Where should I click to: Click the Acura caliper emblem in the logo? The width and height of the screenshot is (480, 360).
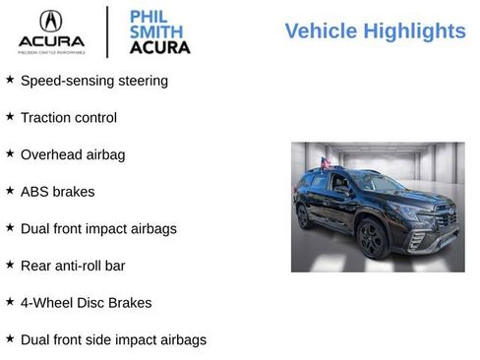click(x=50, y=22)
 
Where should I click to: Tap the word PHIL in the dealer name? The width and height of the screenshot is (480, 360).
click(x=150, y=16)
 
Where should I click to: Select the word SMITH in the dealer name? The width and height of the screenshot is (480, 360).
click(x=155, y=30)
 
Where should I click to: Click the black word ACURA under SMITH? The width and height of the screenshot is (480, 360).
click(x=160, y=46)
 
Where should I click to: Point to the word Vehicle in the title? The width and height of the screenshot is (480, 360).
click(x=321, y=31)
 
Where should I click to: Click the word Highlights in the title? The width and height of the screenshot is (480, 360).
click(x=413, y=31)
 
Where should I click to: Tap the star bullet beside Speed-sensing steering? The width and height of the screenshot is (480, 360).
click(x=10, y=79)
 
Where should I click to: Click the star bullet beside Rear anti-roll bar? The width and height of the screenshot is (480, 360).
click(x=10, y=265)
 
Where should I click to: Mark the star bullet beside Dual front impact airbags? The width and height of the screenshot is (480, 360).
click(x=10, y=227)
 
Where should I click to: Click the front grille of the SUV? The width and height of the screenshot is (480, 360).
click(x=445, y=219)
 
